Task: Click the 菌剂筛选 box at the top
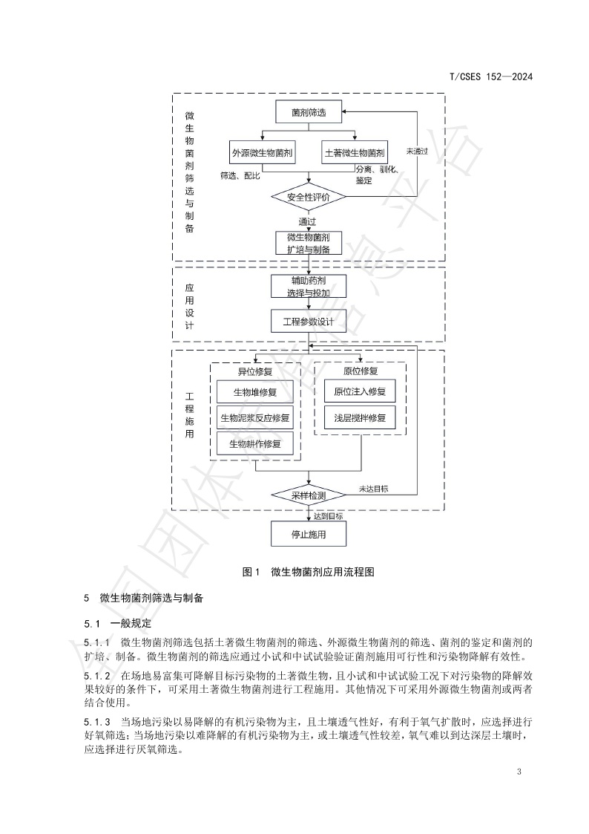pos(309,113)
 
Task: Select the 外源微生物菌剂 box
pos(263,154)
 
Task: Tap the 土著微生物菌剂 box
pos(355,154)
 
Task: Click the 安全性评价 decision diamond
pos(309,198)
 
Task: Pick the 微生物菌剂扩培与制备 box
pos(309,244)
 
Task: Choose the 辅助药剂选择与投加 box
pos(309,287)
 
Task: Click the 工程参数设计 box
pos(309,322)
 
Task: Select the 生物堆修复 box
pos(255,392)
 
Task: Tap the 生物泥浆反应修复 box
pos(255,417)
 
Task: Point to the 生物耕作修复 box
pos(255,443)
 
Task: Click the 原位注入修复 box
pos(360,391)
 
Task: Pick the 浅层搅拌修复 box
pos(360,417)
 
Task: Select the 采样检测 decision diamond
pos(309,495)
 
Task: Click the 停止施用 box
pos(309,534)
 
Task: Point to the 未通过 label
pos(417,151)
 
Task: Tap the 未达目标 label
pos(373,489)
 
